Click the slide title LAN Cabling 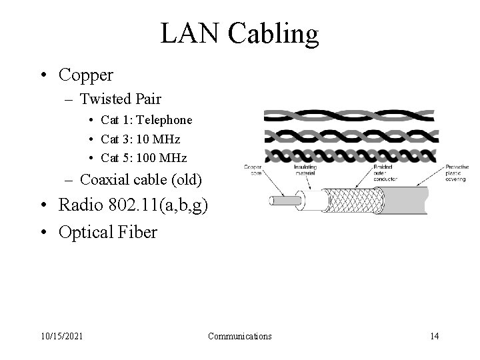click(239, 33)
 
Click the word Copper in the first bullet click(86, 75)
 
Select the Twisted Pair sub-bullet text click(120, 99)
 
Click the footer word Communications click(240, 336)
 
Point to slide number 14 click(434, 336)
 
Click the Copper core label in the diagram click(253, 171)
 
